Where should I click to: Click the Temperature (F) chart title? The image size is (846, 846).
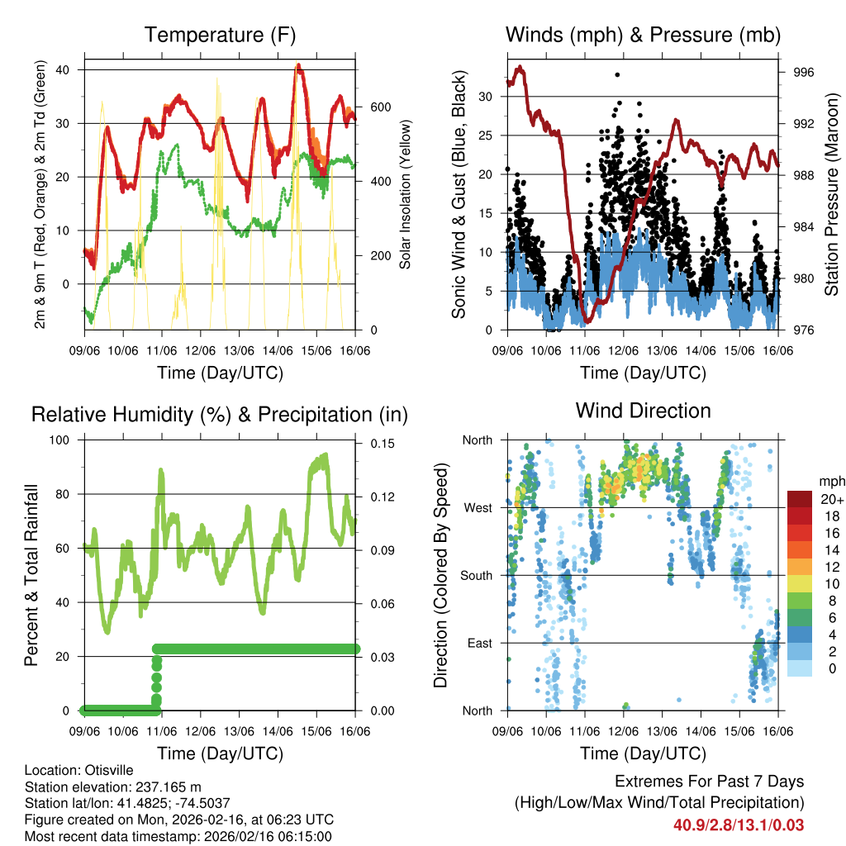pyautogui.click(x=220, y=35)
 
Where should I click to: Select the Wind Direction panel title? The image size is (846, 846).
pyautogui.click(x=643, y=411)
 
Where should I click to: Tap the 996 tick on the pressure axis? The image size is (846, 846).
pyautogui.click(x=803, y=73)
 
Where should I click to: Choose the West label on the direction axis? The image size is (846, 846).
pyautogui.click(x=477, y=507)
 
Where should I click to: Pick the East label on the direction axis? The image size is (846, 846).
pyautogui.click(x=478, y=643)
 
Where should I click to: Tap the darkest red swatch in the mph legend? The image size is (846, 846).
pyautogui.click(x=800, y=499)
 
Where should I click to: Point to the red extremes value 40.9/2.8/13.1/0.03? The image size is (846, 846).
pyautogui.click(x=738, y=825)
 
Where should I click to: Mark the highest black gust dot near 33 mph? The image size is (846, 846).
pyautogui.click(x=617, y=74)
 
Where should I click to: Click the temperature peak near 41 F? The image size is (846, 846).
pyautogui.click(x=298, y=65)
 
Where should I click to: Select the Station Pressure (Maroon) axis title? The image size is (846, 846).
pyautogui.click(x=832, y=195)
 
